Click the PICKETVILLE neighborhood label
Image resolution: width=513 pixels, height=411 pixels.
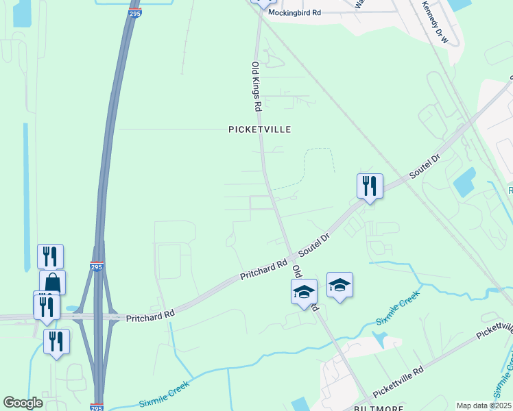(x=260, y=129)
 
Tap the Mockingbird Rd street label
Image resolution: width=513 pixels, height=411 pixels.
(x=294, y=13)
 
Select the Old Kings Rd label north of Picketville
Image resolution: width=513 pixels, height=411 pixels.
(x=256, y=86)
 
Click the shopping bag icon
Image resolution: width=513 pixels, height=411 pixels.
(x=53, y=282)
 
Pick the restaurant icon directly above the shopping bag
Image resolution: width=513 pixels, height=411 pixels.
(x=50, y=257)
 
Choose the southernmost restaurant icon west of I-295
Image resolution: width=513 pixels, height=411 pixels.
(x=56, y=341)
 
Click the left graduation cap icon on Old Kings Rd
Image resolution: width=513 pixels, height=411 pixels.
(x=304, y=292)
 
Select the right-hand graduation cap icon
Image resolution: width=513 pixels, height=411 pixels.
(x=339, y=284)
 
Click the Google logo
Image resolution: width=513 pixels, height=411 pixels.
(x=23, y=403)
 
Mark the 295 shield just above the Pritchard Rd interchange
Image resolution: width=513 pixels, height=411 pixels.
(x=96, y=267)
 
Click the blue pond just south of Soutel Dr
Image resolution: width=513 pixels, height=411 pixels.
(x=464, y=182)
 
